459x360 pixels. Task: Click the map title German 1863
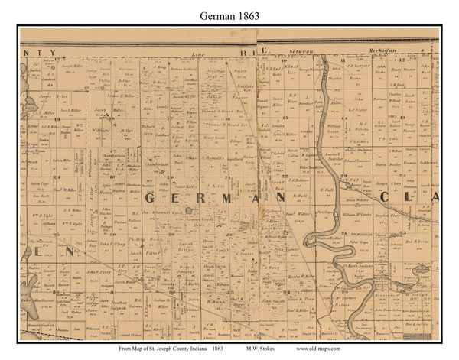pyautogui.click(x=229, y=13)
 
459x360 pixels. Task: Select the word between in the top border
pyautogui.click(x=301, y=51)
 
